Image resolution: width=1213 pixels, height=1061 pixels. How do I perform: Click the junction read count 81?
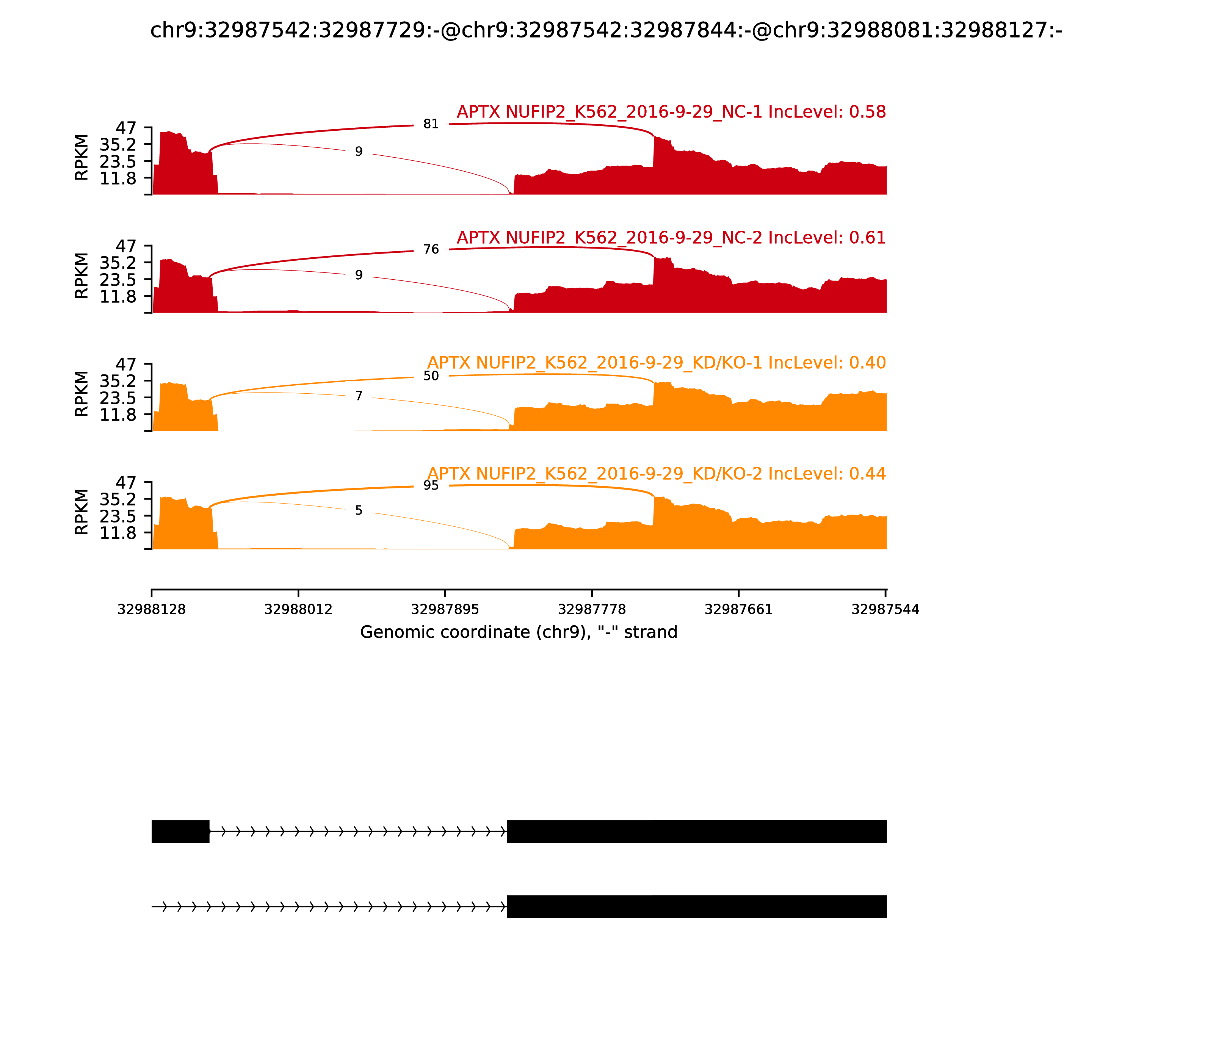coord(431,124)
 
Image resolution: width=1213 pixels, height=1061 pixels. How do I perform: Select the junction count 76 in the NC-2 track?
coord(431,249)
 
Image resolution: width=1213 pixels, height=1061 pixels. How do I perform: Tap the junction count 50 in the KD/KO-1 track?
coord(431,376)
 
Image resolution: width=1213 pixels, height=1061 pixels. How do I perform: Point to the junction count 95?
coord(431,485)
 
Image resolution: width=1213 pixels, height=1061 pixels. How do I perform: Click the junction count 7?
coord(358,396)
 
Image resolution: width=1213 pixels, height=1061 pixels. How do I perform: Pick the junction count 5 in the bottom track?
coord(358,510)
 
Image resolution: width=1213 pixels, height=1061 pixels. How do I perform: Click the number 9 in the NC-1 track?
coord(358,152)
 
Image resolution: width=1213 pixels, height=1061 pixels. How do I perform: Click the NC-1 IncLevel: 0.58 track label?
coord(671,112)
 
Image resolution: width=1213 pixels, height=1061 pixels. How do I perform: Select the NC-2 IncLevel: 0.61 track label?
coord(671,238)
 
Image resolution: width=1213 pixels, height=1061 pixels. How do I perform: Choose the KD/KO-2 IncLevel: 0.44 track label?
coord(656,474)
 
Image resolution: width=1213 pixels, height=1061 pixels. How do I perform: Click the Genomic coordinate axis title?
coord(518,632)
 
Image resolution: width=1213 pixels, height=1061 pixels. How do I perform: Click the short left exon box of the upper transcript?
coord(180,831)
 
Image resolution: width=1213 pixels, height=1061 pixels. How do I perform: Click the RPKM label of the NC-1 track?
coord(82,158)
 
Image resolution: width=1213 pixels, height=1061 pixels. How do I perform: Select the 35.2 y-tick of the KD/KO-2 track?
coord(118,499)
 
